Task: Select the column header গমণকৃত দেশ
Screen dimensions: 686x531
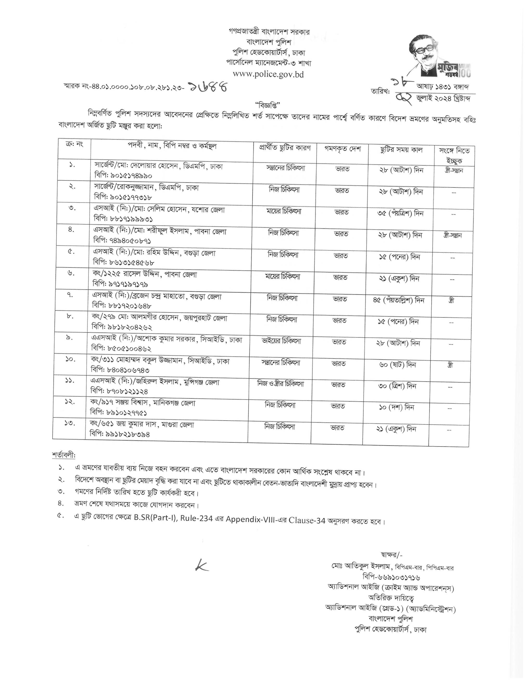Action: click(343, 149)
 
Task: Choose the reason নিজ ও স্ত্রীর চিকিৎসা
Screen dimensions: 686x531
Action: click(281, 384)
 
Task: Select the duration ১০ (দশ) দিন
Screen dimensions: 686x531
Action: click(397, 408)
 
